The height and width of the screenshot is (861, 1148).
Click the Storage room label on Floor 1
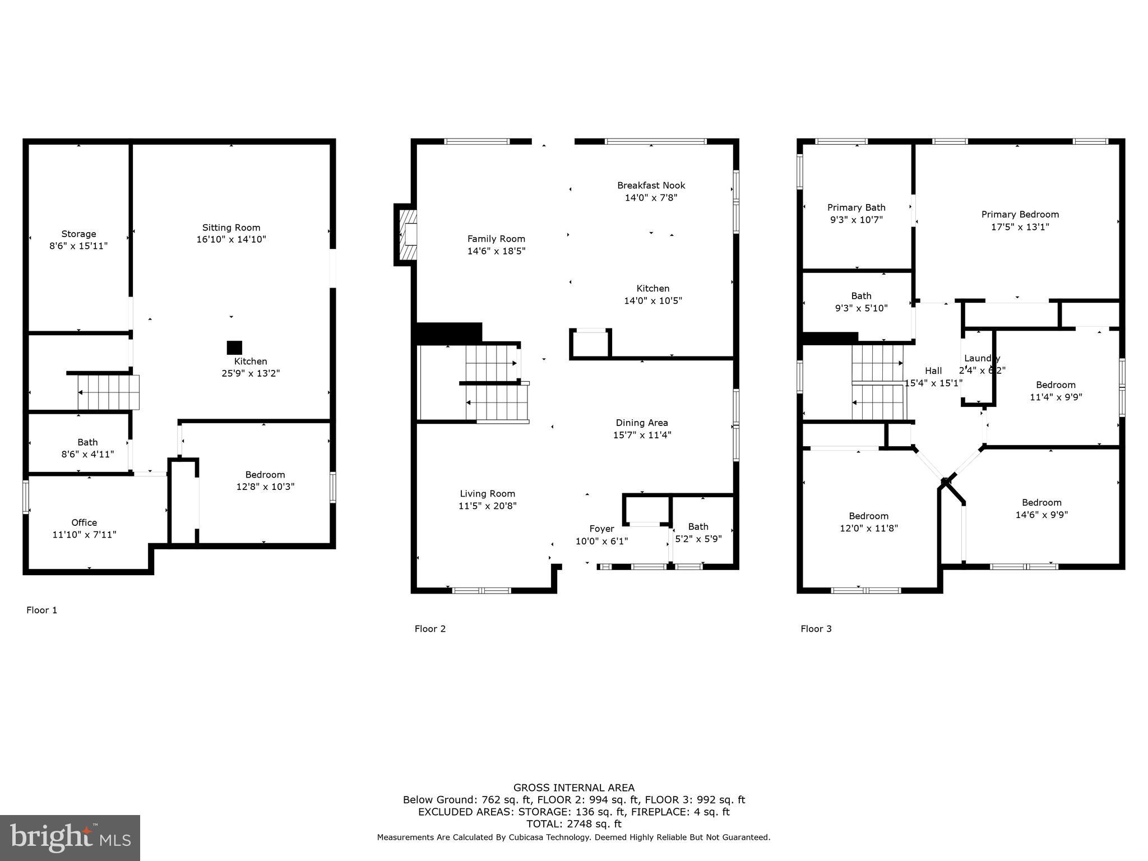coord(78,234)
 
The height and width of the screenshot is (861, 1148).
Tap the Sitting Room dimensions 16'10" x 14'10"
coord(231,239)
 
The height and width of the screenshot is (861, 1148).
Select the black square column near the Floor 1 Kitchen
coord(234,348)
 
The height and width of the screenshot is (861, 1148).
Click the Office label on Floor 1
coord(84,522)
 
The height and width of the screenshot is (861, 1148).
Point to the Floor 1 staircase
coord(108,392)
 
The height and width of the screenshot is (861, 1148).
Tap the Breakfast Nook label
coord(651,186)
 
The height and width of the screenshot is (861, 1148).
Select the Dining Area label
coord(642,423)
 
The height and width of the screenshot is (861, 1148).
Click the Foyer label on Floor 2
coord(601,529)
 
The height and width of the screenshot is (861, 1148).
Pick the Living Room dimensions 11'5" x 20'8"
coord(487,506)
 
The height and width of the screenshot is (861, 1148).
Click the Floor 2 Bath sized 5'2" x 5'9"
coord(698,533)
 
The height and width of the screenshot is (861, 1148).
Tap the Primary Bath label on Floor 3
coord(856,207)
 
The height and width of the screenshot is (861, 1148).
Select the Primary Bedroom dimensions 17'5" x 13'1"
coord(1020,226)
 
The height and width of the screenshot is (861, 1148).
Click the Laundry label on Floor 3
coord(982,358)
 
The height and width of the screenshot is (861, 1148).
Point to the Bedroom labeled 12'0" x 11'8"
coord(868,522)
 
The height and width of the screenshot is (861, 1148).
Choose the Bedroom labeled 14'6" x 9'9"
coord(1041,508)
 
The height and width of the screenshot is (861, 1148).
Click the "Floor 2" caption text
coord(430,628)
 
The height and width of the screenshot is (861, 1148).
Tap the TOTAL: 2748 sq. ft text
coord(573,824)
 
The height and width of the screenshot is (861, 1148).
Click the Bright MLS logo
coord(70,837)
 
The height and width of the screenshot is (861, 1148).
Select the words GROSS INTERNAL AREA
coord(573,788)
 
